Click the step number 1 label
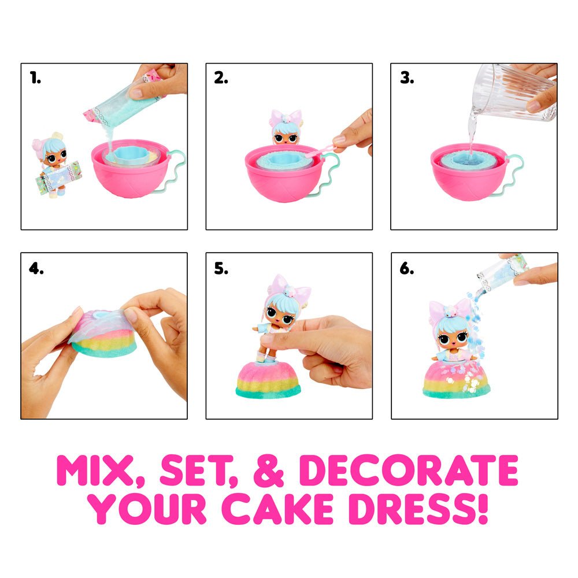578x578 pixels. pos(36,79)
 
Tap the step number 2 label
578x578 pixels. pos(221,79)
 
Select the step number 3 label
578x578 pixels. pos(406,79)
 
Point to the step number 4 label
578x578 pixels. pos(36,269)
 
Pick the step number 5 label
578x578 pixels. pos(221,269)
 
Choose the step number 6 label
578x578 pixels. pos(406,269)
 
